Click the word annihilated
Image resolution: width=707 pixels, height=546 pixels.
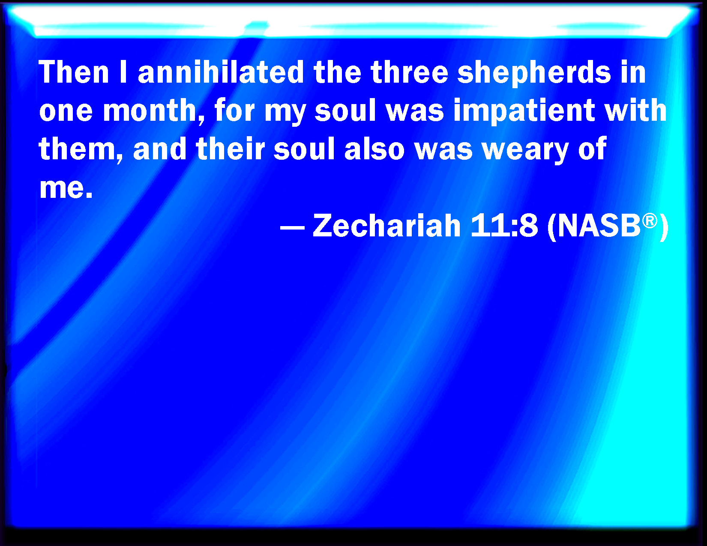(221, 72)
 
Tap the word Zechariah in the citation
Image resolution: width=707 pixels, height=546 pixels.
(386, 225)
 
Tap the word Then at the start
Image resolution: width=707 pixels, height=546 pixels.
(74, 72)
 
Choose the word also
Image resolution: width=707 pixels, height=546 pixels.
(374, 149)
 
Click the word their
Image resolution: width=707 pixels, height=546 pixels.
(231, 149)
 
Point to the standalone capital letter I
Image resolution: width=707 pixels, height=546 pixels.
(123, 72)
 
